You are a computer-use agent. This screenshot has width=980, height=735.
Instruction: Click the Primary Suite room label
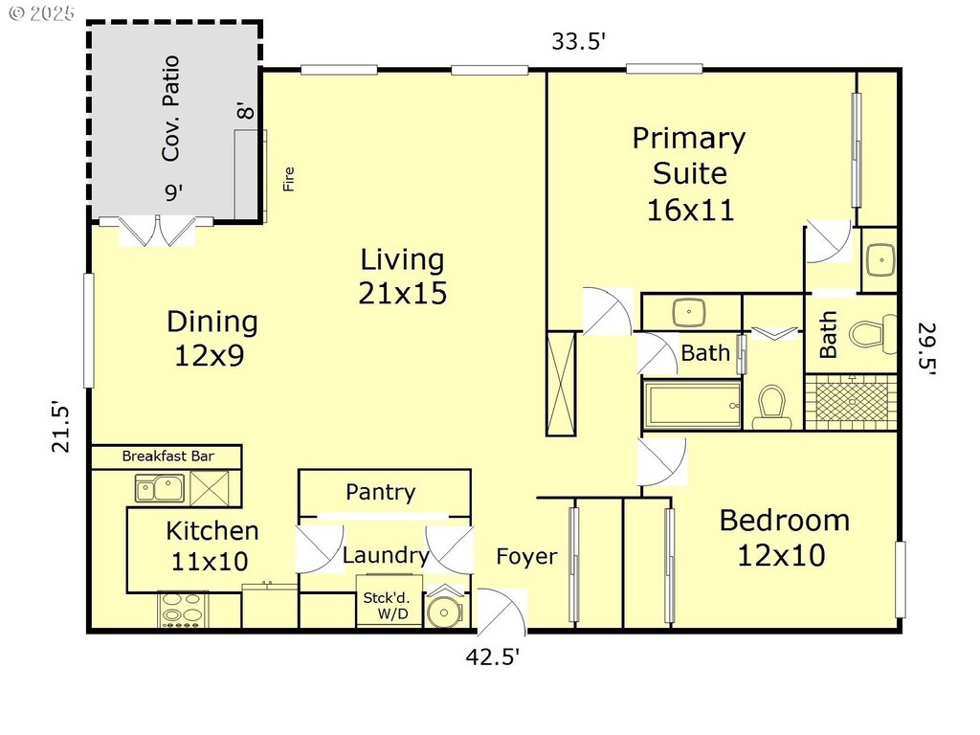coord(689,174)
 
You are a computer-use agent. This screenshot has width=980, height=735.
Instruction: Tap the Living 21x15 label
coord(403,277)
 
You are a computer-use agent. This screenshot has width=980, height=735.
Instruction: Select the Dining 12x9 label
coord(212,338)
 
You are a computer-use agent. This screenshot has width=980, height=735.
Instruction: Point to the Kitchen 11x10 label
coord(212,546)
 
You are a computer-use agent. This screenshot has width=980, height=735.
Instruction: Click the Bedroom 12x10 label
coord(785,538)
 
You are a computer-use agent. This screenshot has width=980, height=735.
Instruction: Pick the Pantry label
coord(381,493)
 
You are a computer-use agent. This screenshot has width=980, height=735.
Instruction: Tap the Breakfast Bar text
coord(167,457)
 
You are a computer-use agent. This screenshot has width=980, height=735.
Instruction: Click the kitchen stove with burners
coord(182,610)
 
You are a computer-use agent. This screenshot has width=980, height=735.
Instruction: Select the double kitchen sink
coord(160,488)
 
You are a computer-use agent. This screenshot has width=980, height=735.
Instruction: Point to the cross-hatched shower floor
coord(851,402)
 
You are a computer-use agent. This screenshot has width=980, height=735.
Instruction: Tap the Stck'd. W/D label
coord(389,606)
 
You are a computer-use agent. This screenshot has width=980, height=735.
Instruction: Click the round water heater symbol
coord(444,612)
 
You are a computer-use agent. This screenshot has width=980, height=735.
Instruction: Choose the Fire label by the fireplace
coord(288,179)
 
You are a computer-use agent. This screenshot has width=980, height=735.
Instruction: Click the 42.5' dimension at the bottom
coord(493,657)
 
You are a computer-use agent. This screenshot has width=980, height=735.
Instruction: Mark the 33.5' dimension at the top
coord(578,41)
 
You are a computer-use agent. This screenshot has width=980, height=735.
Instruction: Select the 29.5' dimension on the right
coord(926,348)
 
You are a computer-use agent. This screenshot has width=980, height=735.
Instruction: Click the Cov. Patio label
coord(170,108)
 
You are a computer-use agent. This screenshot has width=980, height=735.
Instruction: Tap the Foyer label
coord(526,556)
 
